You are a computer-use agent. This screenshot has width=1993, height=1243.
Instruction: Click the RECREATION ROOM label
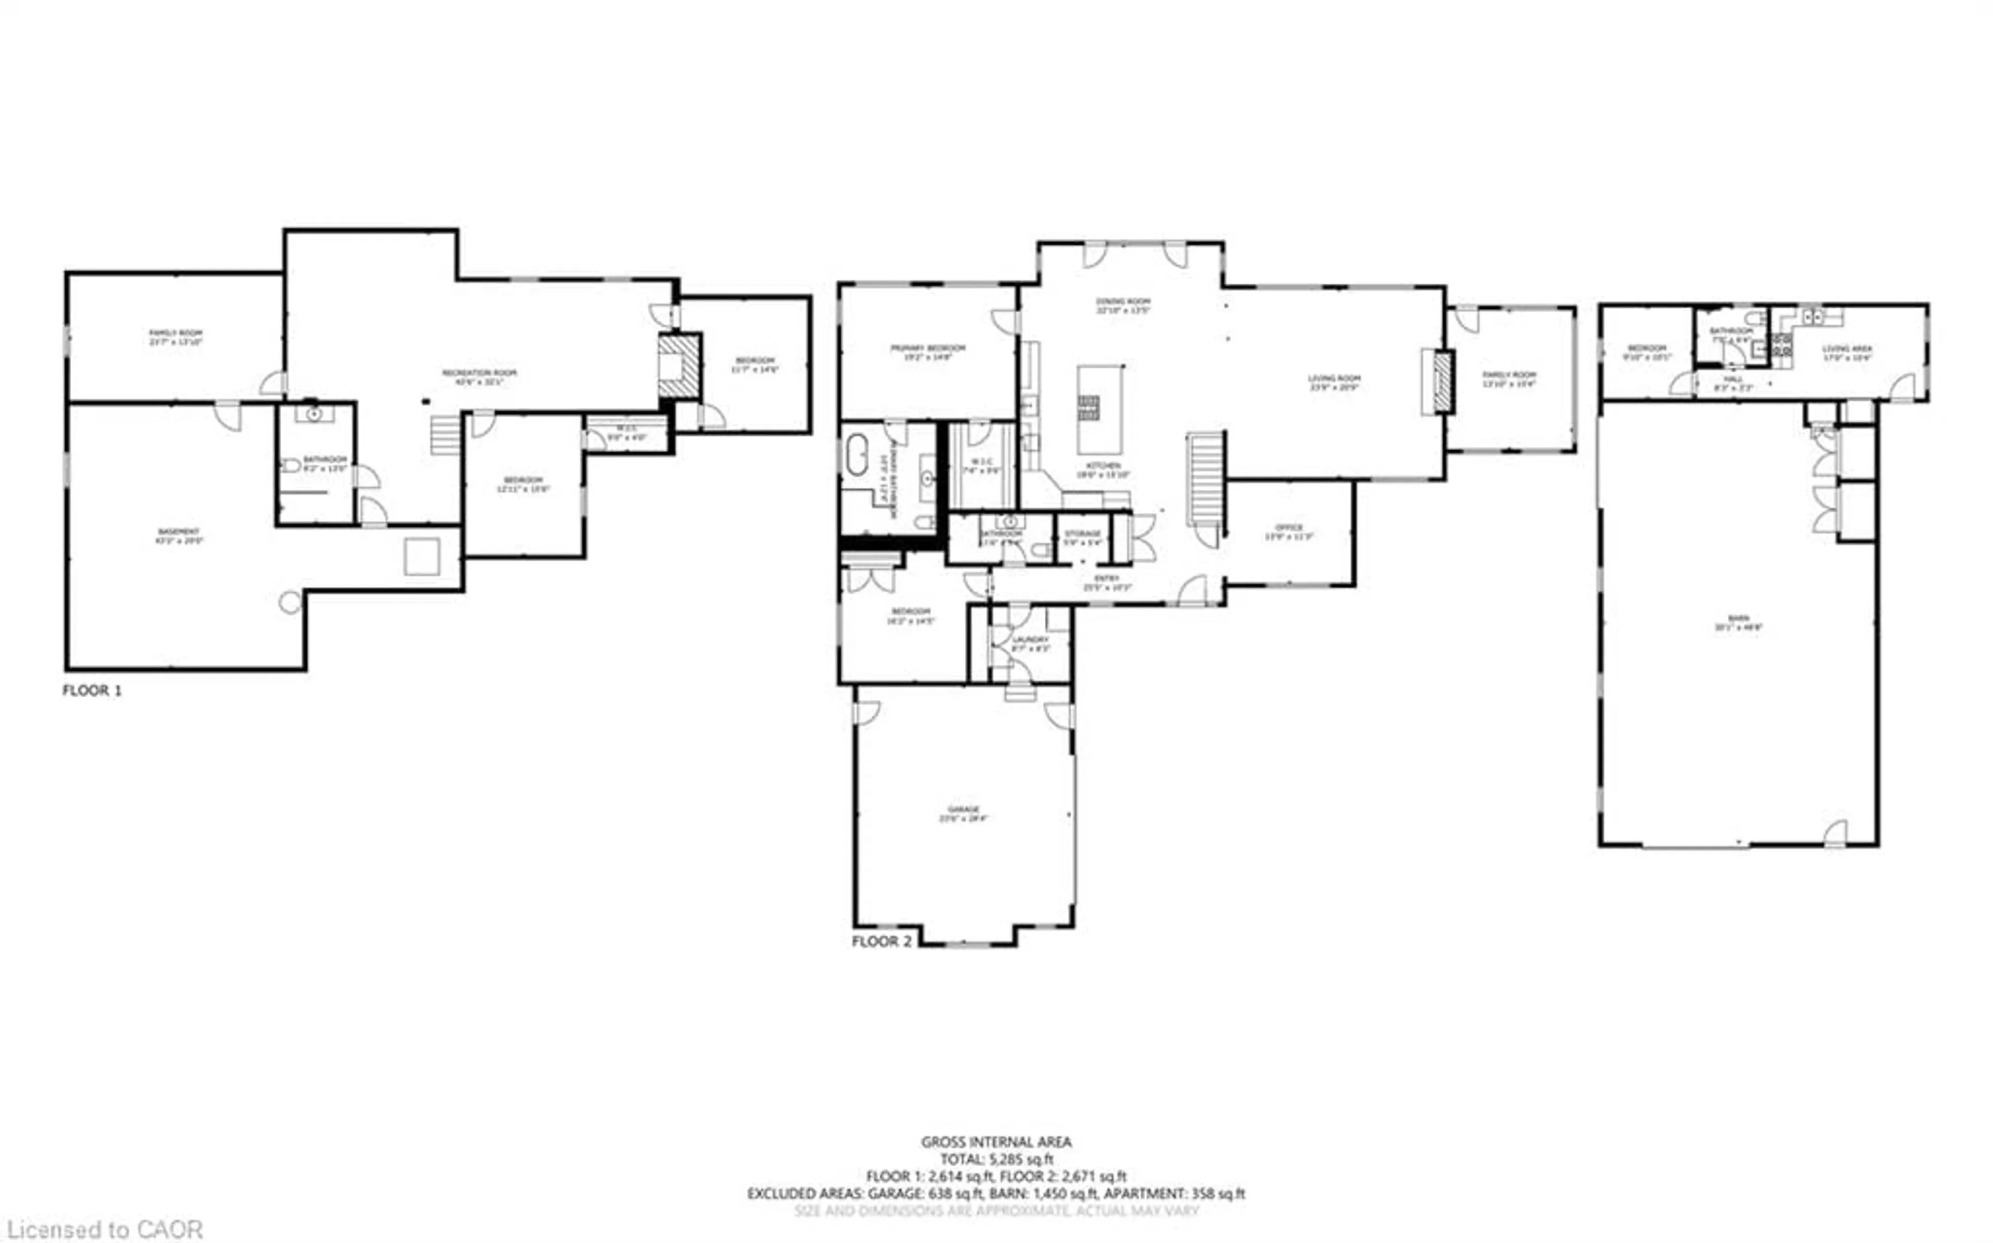pyautogui.click(x=480, y=373)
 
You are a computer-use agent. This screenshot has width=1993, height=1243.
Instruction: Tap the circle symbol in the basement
pyautogui.click(x=290, y=603)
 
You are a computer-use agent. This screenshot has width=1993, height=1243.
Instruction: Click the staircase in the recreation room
pyautogui.click(x=445, y=435)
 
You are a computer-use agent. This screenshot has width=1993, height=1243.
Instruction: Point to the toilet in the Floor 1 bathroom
pyautogui.click(x=290, y=465)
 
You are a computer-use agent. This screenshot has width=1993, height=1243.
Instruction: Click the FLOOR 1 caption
pyautogui.click(x=92, y=690)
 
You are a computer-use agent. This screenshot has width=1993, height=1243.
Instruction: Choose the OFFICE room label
pyautogui.click(x=1288, y=528)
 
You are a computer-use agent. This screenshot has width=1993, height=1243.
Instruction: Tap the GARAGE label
pyautogui.click(x=963, y=810)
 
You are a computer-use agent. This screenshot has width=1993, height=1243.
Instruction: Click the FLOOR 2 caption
pyautogui.click(x=881, y=941)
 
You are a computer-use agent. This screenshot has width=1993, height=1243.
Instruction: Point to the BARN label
pyautogui.click(x=1737, y=618)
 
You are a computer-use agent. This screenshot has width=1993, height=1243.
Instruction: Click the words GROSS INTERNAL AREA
pyautogui.click(x=995, y=1142)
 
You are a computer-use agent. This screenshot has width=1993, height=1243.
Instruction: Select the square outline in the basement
pyautogui.click(x=422, y=557)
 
